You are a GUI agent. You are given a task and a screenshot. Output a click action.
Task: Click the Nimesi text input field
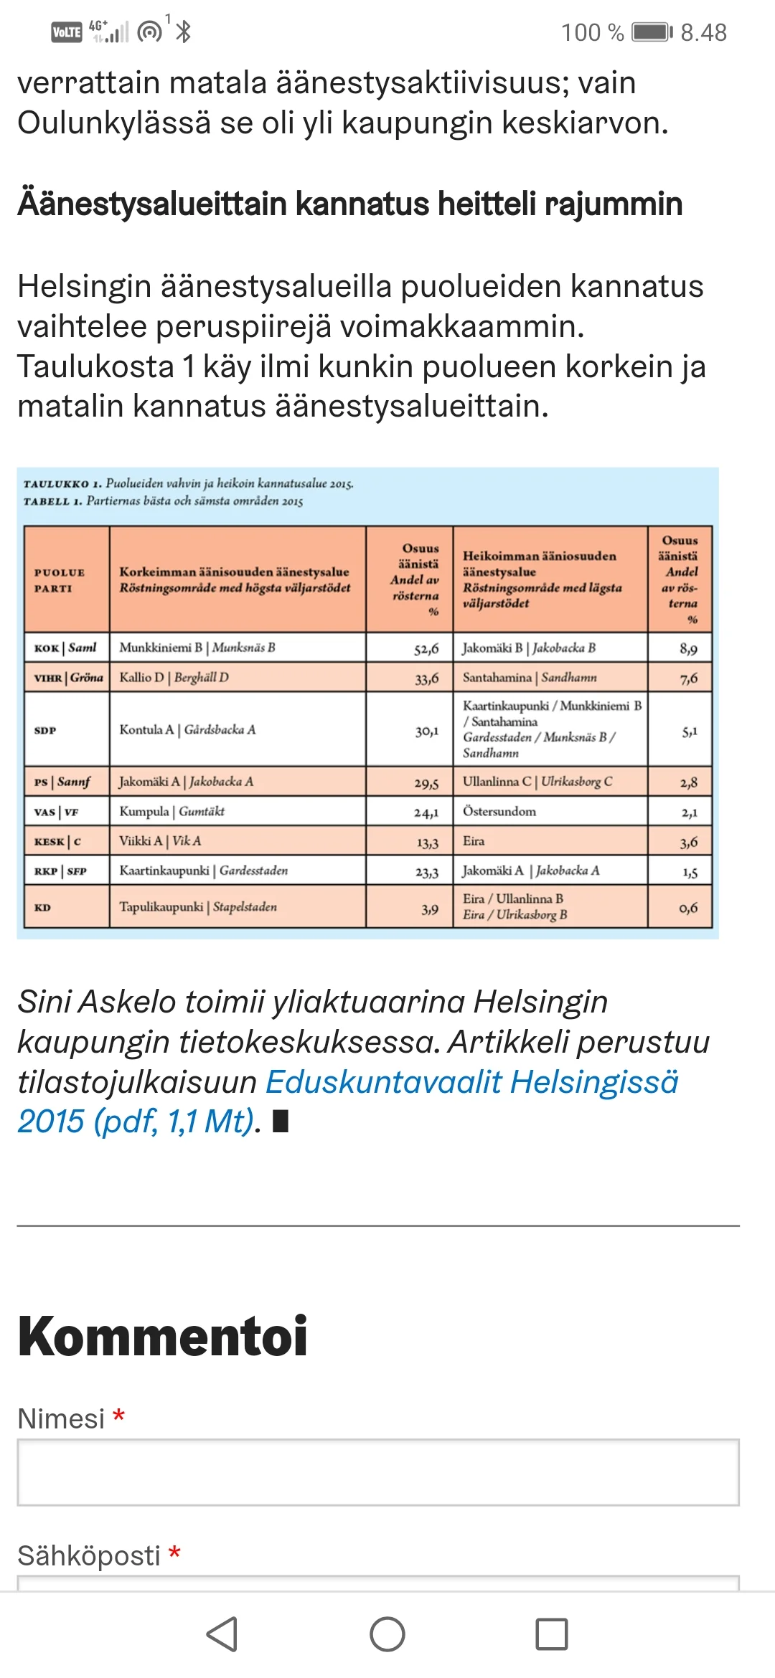pyautogui.click(x=378, y=1472)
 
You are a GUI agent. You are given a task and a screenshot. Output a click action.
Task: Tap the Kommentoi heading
pyautogui.click(x=163, y=1337)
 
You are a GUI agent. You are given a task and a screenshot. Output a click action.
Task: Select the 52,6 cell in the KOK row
pyautogui.click(x=426, y=648)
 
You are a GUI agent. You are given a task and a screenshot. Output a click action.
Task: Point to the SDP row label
pyautogui.click(x=45, y=730)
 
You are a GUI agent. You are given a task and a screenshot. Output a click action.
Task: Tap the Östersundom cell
pyautogui.click(x=499, y=812)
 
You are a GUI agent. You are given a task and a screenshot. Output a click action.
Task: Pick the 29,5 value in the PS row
pyautogui.click(x=426, y=782)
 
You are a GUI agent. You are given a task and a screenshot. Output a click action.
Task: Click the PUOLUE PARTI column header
pyautogui.click(x=60, y=580)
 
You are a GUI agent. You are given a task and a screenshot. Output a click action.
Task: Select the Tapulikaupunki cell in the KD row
pyautogui.click(x=198, y=907)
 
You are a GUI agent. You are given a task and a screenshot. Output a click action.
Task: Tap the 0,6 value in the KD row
pyautogui.click(x=687, y=909)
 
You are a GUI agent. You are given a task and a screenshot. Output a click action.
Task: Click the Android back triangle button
pyautogui.click(x=222, y=1635)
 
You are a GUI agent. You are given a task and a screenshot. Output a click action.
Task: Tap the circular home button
pyautogui.click(x=387, y=1635)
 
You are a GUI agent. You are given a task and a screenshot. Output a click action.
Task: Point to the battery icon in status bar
pyautogui.click(x=652, y=32)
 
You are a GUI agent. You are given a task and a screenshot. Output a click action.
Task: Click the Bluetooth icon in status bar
pyautogui.click(x=184, y=32)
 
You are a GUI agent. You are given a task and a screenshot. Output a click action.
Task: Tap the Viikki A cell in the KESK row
pyautogui.click(x=160, y=841)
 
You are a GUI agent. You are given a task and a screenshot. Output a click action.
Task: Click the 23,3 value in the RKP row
pyautogui.click(x=426, y=872)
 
